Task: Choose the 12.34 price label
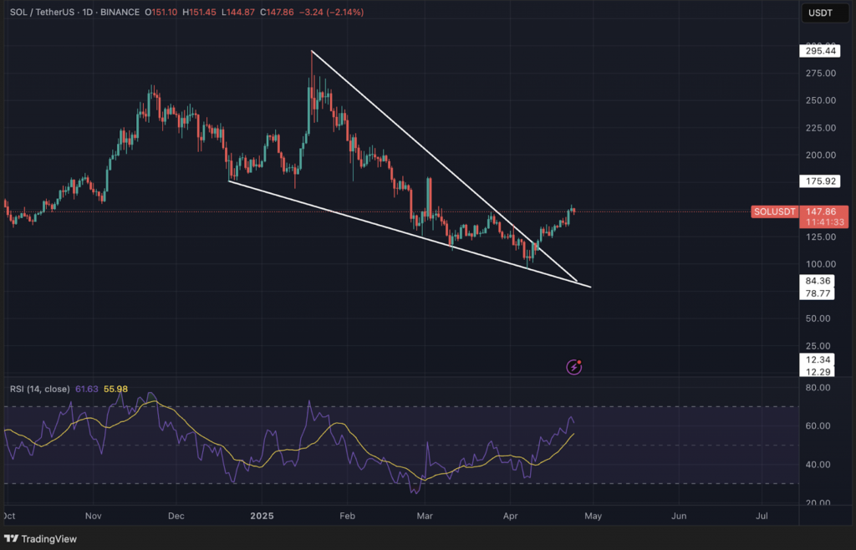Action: tap(818, 359)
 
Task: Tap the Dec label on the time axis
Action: tap(176, 517)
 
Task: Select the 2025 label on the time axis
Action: tap(262, 517)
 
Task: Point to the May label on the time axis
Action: tap(593, 517)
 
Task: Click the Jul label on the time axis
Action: tap(762, 517)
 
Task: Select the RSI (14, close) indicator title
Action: tap(40, 389)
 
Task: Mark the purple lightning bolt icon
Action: tap(574, 366)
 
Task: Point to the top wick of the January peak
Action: tap(311, 53)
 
